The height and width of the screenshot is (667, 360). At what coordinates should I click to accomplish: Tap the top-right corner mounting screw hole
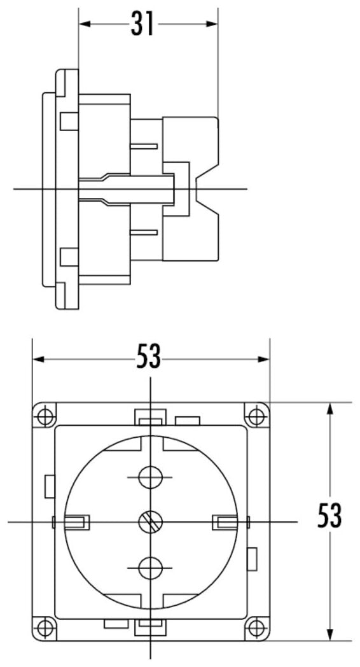point(256,415)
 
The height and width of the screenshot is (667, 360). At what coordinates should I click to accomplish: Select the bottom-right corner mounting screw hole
point(256,627)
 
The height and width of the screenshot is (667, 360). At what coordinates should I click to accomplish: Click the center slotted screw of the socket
point(151,521)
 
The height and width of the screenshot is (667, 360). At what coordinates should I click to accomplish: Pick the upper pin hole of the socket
point(150,477)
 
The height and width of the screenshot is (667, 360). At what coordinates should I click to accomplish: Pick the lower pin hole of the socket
point(150,568)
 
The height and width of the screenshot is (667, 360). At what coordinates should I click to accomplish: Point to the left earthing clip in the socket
point(76,521)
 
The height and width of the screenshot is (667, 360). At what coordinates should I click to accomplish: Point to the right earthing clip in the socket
point(225,521)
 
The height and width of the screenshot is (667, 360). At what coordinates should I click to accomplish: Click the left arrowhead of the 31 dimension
point(85,24)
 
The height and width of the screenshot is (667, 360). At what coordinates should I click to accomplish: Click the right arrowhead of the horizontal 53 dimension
point(263,360)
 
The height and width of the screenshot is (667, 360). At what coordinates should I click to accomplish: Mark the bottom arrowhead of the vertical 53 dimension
point(329,634)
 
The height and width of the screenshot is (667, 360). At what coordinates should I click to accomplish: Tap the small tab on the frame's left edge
point(50,486)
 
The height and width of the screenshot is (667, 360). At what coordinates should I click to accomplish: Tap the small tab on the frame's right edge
point(252,559)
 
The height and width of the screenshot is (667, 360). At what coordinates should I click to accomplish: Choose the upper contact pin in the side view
point(144,146)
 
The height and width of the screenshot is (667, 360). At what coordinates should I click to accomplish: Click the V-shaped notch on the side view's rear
point(207,189)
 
